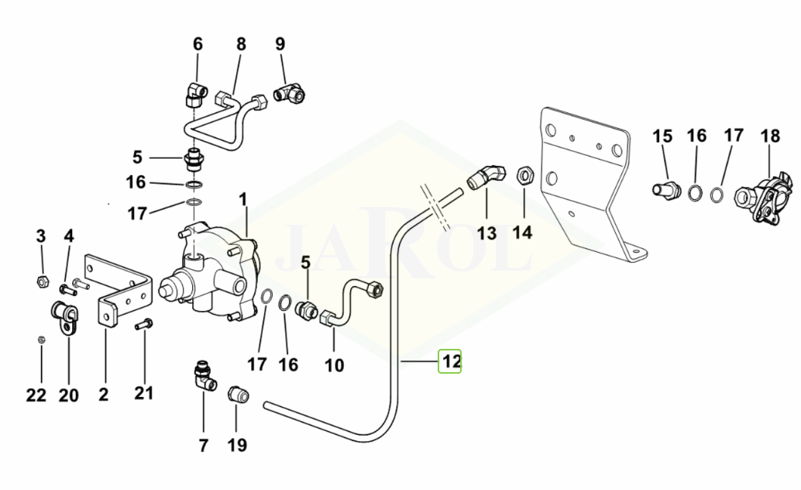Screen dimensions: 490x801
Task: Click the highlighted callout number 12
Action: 450,361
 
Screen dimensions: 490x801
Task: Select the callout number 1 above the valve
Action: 242,200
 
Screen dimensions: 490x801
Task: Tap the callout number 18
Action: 770,136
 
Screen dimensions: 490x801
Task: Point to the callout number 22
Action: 37,395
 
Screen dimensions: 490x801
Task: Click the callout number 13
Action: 486,232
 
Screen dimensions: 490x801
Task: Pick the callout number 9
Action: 280,44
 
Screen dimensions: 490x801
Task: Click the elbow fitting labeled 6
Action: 194,94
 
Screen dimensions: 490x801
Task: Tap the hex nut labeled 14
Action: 523,174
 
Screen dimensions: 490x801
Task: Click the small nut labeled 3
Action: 43,281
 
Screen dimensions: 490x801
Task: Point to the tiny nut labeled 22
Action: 41,340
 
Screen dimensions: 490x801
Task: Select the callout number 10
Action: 334,364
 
